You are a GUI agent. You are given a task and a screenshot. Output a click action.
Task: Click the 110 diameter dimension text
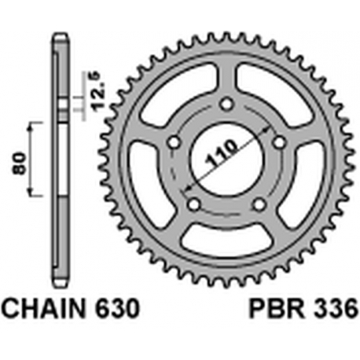(x=222, y=155)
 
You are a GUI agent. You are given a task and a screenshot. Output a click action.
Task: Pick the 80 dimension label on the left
(x=20, y=163)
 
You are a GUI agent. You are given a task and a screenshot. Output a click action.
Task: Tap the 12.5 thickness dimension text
(x=98, y=91)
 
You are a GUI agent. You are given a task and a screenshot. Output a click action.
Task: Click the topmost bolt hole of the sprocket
(x=226, y=105)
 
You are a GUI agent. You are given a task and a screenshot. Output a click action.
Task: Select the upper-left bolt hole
(x=174, y=143)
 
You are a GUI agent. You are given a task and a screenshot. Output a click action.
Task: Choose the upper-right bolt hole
(x=279, y=142)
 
